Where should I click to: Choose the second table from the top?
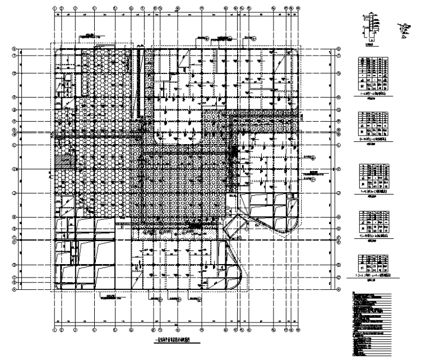click(371, 126)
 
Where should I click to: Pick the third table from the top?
click(371, 177)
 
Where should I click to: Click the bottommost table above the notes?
click(371, 264)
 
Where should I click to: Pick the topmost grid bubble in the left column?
click(15, 49)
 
